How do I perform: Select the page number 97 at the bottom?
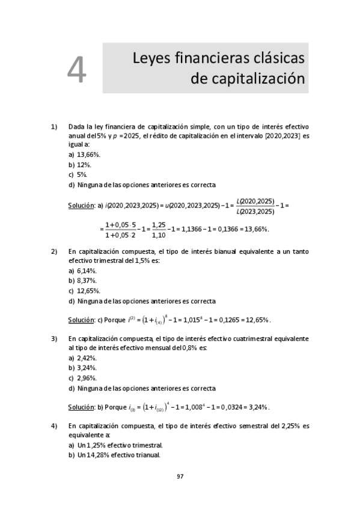tap(180, 476)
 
